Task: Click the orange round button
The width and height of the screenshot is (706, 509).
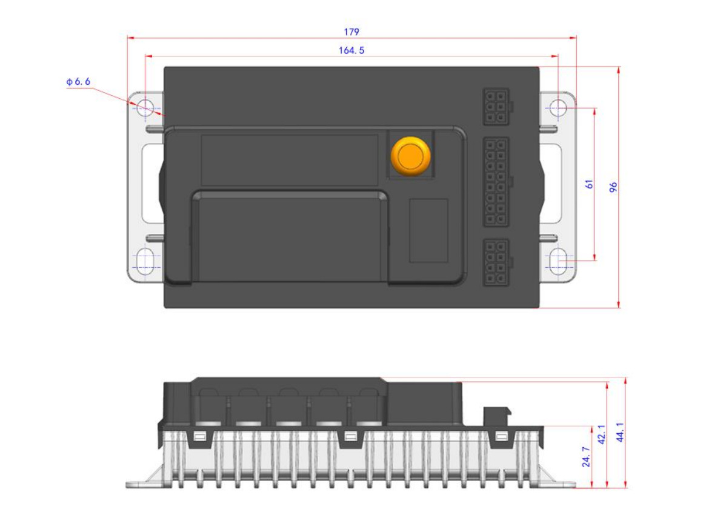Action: (x=411, y=156)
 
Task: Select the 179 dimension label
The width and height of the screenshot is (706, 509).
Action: (x=351, y=32)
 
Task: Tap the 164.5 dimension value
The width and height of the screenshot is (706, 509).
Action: (x=351, y=50)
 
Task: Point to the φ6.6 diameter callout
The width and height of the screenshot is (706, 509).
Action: (x=78, y=81)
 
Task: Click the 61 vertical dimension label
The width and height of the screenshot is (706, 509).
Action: (x=590, y=184)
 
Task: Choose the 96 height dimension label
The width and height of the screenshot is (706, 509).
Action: (x=613, y=187)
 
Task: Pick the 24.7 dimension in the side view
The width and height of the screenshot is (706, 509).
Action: (x=586, y=457)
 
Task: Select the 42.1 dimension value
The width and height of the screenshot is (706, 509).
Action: (x=602, y=434)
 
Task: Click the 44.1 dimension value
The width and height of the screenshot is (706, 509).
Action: (x=620, y=432)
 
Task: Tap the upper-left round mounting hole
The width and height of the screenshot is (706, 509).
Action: (x=145, y=108)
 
